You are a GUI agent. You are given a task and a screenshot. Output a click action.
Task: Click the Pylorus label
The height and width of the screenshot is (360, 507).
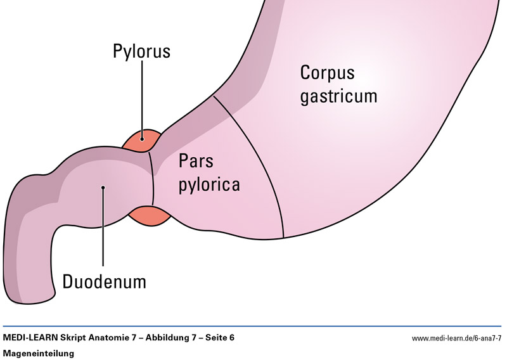141,51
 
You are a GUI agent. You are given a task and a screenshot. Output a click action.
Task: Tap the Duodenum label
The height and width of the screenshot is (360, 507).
104,281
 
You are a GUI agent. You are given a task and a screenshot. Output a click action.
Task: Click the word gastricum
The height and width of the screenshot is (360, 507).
338,96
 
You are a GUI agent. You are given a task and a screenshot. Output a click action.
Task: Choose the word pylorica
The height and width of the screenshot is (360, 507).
209,185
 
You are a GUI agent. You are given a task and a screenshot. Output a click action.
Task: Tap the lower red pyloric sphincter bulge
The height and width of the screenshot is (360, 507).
150,215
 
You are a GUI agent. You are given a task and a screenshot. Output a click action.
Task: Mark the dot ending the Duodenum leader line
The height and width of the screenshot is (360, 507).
103,187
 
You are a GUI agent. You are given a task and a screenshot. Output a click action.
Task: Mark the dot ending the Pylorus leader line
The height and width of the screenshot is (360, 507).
142,138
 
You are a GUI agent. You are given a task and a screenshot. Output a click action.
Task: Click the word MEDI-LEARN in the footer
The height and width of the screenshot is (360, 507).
32,338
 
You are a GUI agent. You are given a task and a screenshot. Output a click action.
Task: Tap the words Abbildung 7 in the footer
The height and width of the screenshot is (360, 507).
170,338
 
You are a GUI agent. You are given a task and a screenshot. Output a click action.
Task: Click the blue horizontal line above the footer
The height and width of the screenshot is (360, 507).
253,326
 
